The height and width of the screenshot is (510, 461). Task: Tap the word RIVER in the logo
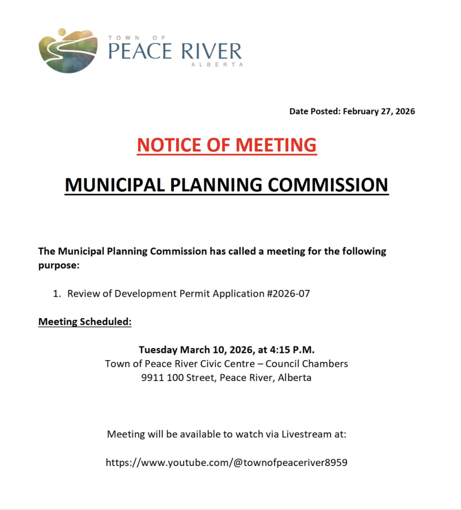(x=211, y=51)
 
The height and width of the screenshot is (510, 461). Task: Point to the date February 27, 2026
(x=379, y=111)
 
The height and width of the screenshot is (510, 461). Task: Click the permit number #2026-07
(x=288, y=294)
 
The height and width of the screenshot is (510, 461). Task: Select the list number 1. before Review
(x=57, y=294)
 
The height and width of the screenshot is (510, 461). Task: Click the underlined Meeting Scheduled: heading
(x=85, y=321)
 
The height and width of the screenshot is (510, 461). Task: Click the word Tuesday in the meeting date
(x=158, y=350)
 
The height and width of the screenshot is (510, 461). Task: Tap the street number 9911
(x=152, y=377)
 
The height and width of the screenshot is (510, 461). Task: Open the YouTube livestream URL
(x=226, y=462)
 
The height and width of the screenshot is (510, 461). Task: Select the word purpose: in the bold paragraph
(x=59, y=265)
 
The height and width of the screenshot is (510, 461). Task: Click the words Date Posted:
(x=315, y=111)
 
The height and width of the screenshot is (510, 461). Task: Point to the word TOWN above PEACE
(x=120, y=38)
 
